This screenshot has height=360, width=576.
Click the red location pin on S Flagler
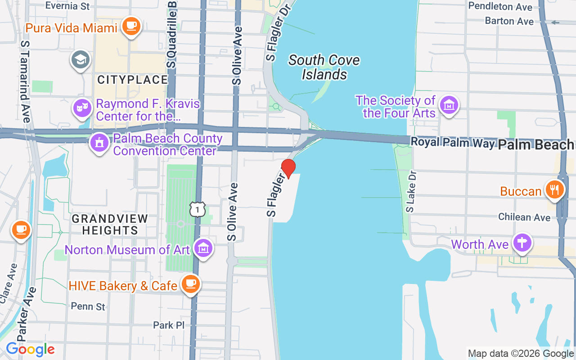tap(288, 168)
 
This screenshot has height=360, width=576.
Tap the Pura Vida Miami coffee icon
tap(131, 25)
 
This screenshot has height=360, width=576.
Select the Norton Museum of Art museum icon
tap(203, 248)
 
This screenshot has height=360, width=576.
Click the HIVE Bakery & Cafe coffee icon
tap(191, 284)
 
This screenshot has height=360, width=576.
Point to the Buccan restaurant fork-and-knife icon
tap(554, 189)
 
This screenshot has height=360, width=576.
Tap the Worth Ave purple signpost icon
tap(522, 243)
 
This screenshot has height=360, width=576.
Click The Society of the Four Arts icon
tap(449, 105)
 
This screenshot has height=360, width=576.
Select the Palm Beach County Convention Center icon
tap(99, 143)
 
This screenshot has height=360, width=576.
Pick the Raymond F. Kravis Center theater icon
tap(81, 108)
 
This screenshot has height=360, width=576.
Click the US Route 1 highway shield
tap(197, 209)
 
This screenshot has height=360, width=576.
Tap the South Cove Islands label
tap(324, 67)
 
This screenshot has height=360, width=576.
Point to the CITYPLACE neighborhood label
tap(132, 80)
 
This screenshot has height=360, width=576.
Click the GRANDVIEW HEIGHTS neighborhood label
tap(110, 225)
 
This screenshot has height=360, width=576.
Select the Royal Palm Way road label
tap(452, 143)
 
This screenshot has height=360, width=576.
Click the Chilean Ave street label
tap(524, 217)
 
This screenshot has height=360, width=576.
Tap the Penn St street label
tap(88, 307)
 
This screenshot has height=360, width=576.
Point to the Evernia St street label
tap(67, 6)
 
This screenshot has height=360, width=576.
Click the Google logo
tap(30, 349)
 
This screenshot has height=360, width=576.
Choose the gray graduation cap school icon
tap(81, 59)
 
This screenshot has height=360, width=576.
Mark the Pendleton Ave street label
tap(500, 7)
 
